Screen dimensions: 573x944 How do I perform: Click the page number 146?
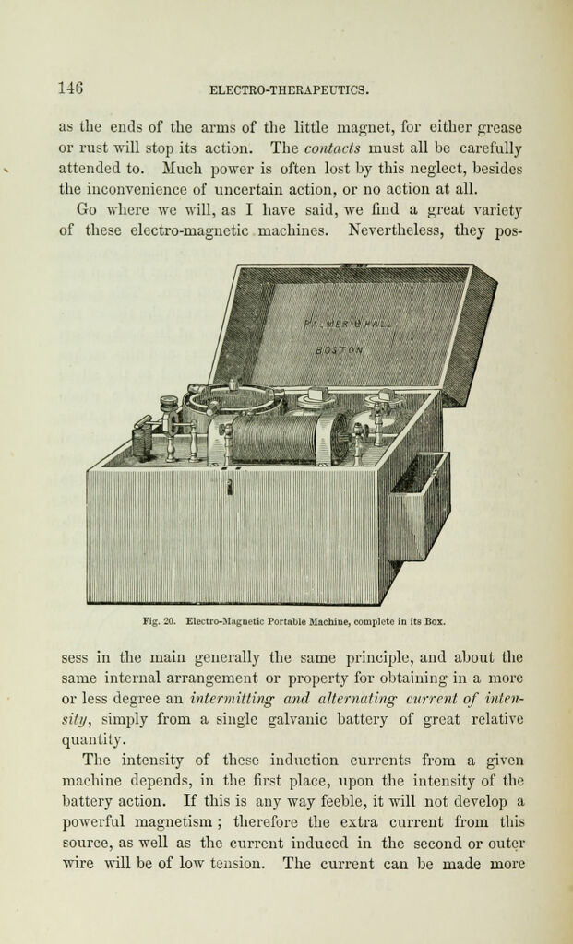pos(71,89)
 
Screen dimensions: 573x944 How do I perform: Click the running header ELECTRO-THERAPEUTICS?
pos(288,91)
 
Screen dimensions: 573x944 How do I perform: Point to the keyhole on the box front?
pos(230,486)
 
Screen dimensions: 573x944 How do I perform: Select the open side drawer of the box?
pos(419,506)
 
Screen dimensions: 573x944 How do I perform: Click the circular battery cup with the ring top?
pos(232,398)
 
